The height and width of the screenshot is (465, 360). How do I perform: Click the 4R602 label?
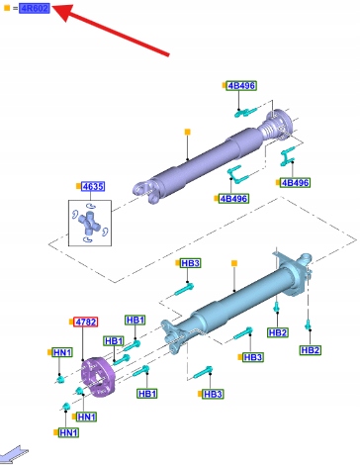tap(35, 8)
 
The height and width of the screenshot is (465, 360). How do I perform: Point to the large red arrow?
tap(111, 30)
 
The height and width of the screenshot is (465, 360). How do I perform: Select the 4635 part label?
tap(93, 187)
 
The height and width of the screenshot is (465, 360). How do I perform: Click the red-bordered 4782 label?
tap(86, 322)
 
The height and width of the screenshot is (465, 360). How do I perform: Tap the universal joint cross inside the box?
tap(89, 224)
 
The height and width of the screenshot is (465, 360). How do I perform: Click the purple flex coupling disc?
tap(98, 377)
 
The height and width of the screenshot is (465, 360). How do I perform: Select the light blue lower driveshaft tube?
tap(237, 299)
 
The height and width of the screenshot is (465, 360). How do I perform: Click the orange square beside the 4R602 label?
tap(7, 8)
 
